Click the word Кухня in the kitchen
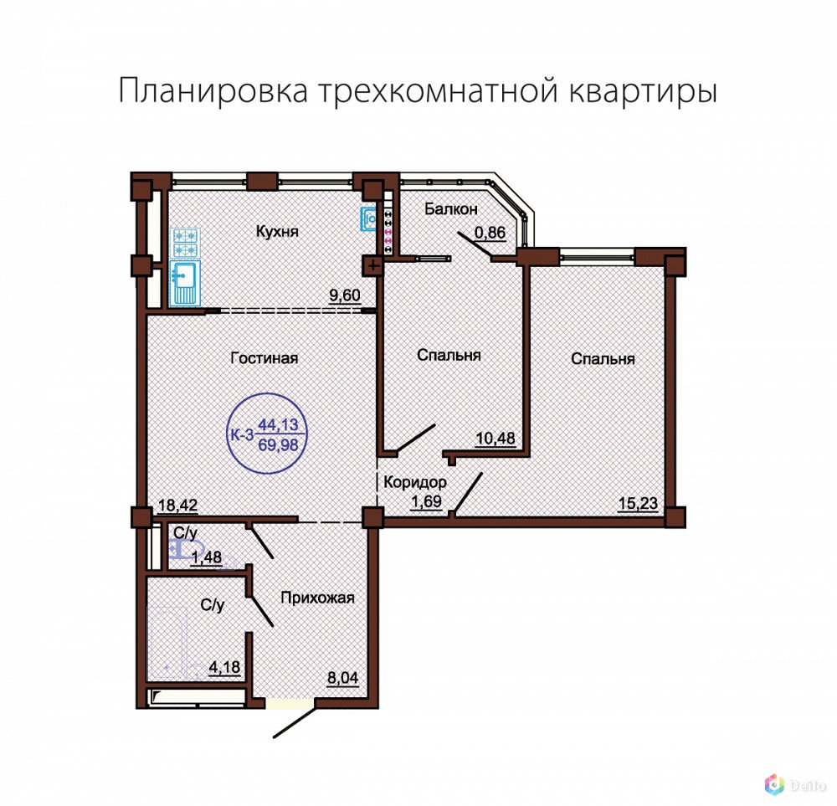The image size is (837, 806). point(277,232)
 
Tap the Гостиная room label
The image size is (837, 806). point(264,357)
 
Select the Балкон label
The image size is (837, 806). point(451,208)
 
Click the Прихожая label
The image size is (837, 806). point(317,598)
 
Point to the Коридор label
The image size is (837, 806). point(415,482)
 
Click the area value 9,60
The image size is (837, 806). point(345,295)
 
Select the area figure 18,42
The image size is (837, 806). point(178,505)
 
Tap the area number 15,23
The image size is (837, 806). point(638,503)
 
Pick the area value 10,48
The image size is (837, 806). point(496,439)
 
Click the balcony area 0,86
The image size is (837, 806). point(490,232)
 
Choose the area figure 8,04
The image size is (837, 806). point(342,678)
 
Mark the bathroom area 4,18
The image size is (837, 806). point(224,667)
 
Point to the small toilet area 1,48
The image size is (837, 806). point(207,557)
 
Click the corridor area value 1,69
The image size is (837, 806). point(426,501)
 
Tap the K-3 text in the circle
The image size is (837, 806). point(241,434)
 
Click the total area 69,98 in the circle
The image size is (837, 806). point(278,444)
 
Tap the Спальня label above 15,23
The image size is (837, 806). point(603,358)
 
